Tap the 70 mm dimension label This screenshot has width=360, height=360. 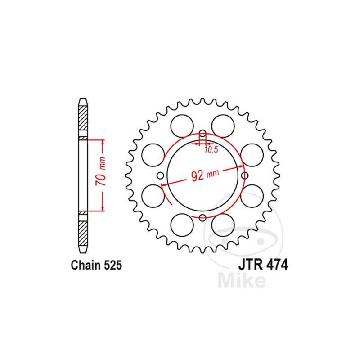(103, 175)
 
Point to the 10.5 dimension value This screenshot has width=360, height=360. (211, 150)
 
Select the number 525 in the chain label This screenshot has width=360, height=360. (112, 265)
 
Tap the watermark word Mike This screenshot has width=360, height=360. (241, 280)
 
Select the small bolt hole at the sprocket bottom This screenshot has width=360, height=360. (202, 218)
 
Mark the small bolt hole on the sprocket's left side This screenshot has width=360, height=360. (160, 176)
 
